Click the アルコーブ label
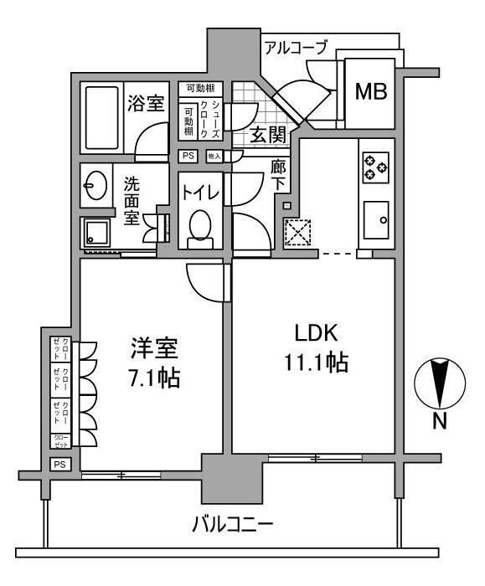295,48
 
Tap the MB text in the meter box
369,91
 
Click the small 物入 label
214,157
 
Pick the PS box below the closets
59,465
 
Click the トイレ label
201,193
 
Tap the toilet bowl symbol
201,227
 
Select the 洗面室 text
132,198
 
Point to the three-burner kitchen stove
375,168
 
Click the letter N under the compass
439,423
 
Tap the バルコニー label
232,526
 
